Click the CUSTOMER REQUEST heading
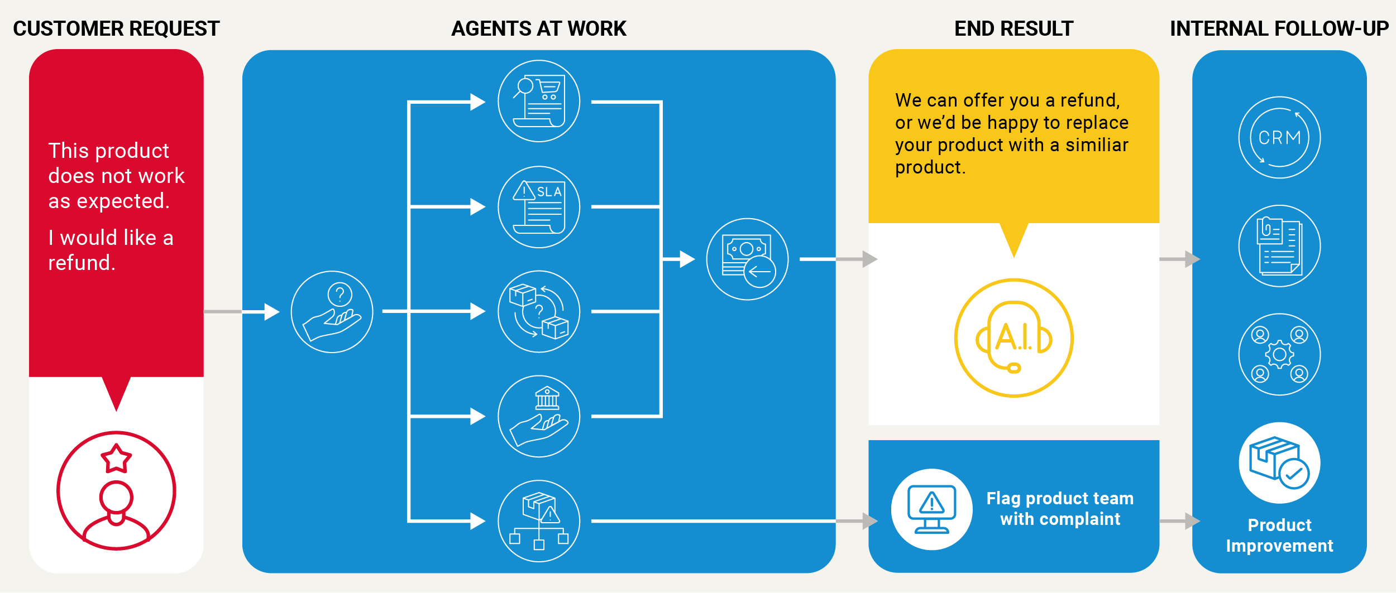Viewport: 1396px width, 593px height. click(116, 28)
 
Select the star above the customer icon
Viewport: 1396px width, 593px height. click(116, 459)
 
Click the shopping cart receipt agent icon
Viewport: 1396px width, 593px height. click(539, 101)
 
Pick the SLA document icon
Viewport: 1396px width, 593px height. click(539, 207)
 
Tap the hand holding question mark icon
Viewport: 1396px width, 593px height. click(332, 312)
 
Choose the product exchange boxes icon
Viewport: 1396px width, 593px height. click(539, 311)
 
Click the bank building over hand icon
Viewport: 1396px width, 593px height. click(539, 416)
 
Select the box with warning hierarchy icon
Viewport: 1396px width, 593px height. click(539, 521)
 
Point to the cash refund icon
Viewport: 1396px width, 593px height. click(747, 259)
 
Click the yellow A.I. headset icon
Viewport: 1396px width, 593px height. click(1013, 338)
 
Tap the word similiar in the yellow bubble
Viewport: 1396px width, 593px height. click(1097, 145)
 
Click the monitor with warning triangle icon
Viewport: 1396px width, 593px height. click(931, 509)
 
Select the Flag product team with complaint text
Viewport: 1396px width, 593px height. click(1060, 508)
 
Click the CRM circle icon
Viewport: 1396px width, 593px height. click(1279, 137)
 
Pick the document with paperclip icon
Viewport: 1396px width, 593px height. click(1279, 246)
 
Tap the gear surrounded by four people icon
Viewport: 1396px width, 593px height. click(1279, 354)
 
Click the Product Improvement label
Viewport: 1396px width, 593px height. click(1279, 536)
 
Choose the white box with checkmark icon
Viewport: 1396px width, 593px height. click(1279, 463)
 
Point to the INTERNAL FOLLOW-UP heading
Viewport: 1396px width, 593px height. click(1279, 28)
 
